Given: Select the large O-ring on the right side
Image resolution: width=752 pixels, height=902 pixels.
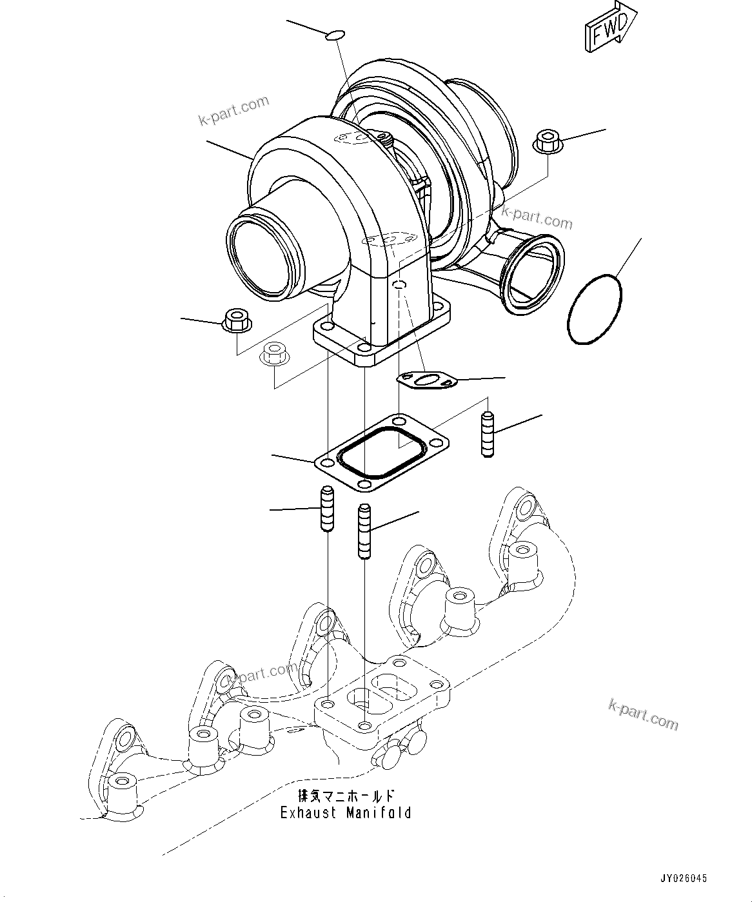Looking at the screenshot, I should point(595,309).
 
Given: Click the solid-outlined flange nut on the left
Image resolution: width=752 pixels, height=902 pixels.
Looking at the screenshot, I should point(237,320).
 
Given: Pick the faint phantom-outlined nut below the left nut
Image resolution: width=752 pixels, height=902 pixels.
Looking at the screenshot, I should point(273,353).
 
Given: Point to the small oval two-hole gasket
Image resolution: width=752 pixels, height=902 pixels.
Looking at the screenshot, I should point(426,381).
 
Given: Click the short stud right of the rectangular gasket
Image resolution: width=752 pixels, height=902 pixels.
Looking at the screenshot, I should point(488,435).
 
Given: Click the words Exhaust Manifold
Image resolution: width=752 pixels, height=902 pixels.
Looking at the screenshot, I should point(346,812).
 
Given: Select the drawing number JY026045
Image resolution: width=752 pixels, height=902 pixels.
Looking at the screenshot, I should point(683,878).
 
